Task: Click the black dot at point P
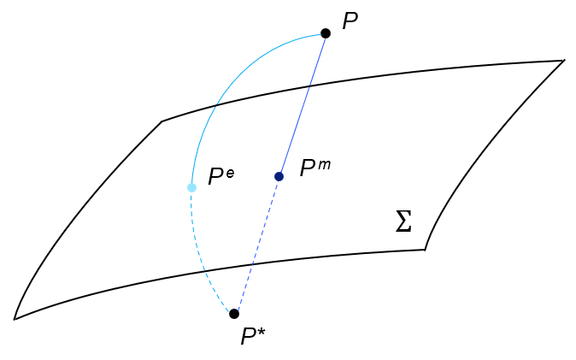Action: (x=326, y=33)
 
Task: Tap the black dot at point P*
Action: (x=234, y=314)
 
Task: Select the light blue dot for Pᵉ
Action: (x=191, y=187)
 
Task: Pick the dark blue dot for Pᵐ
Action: (x=279, y=176)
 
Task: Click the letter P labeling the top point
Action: (x=350, y=22)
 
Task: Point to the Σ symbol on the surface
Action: (x=403, y=222)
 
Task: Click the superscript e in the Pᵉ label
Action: (x=230, y=172)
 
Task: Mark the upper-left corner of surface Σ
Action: (x=162, y=121)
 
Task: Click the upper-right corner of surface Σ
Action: (x=564, y=60)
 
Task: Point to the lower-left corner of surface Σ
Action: (x=15, y=319)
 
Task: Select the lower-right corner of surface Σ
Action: (x=425, y=249)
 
